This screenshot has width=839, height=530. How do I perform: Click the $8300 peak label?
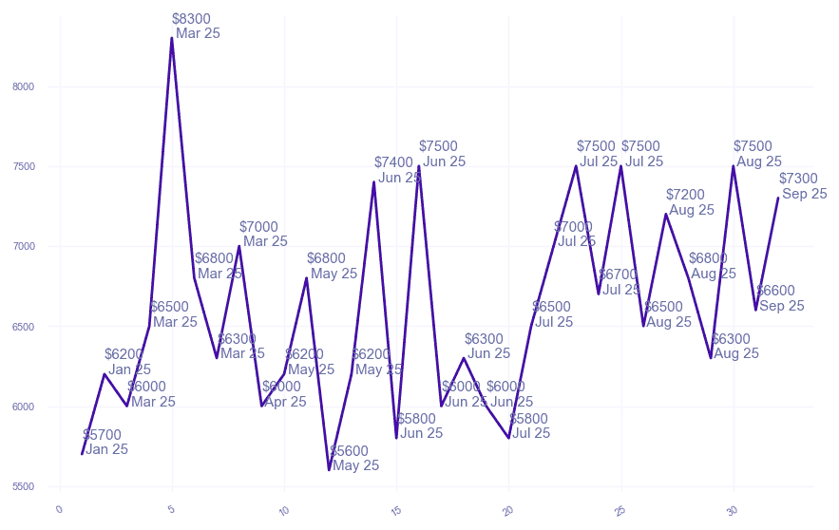pyautogui.click(x=194, y=26)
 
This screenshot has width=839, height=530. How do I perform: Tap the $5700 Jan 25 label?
pyautogui.click(x=105, y=443)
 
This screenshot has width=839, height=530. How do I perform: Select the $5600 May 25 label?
pyautogui.click(x=353, y=459)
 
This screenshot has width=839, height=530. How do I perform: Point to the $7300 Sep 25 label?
pyautogui.click(x=801, y=186)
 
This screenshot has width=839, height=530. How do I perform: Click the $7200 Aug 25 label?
pyautogui.click(x=690, y=202)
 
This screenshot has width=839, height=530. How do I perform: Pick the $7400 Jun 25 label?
pyautogui.click(x=396, y=170)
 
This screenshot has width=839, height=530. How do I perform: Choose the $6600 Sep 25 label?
pyautogui.click(x=780, y=298)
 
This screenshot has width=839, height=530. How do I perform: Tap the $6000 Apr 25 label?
pyautogui.click(x=284, y=394)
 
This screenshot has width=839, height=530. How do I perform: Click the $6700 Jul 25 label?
pyautogui.click(x=621, y=282)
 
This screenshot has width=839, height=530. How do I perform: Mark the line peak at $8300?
pyautogui.click(x=172, y=38)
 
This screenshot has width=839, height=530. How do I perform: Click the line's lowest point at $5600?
pyautogui.click(x=329, y=470)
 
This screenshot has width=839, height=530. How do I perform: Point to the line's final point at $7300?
pyautogui.click(x=778, y=198)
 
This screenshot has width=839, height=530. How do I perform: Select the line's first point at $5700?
pyautogui.click(x=83, y=454)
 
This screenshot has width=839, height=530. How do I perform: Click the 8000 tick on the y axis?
pyautogui.click(x=23, y=86)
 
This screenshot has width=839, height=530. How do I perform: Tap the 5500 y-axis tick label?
pyautogui.click(x=23, y=487)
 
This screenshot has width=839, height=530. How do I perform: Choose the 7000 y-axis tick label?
pyautogui.click(x=23, y=247)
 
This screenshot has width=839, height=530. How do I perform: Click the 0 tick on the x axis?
pyautogui.click(x=59, y=511)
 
